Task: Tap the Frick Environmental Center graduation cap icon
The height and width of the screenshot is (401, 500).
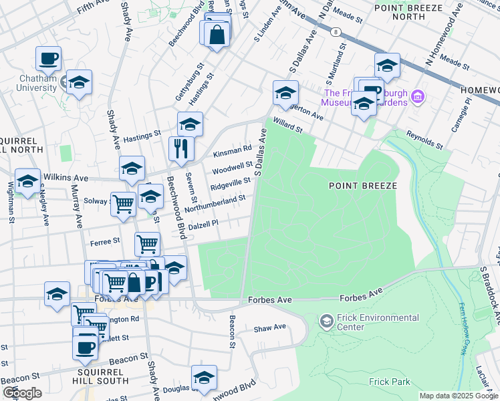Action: (326, 321)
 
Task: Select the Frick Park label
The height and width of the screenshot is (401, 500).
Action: (387, 382)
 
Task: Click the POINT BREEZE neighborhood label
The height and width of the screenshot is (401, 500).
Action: (363, 185)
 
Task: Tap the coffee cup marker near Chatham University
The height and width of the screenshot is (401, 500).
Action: (48, 59)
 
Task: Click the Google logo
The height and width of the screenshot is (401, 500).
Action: (22, 393)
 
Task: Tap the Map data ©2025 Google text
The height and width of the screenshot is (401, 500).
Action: (459, 396)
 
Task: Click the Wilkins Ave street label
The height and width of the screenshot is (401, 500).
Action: (66, 178)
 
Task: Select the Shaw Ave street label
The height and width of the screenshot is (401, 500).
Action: (269, 328)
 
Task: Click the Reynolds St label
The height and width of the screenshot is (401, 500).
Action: (424, 140)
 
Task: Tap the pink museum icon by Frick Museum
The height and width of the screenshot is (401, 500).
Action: (418, 98)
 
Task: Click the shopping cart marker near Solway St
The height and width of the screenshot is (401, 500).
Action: (123, 205)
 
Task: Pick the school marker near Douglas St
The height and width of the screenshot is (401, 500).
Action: (204, 378)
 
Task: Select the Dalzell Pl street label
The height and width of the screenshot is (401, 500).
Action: (204, 226)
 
